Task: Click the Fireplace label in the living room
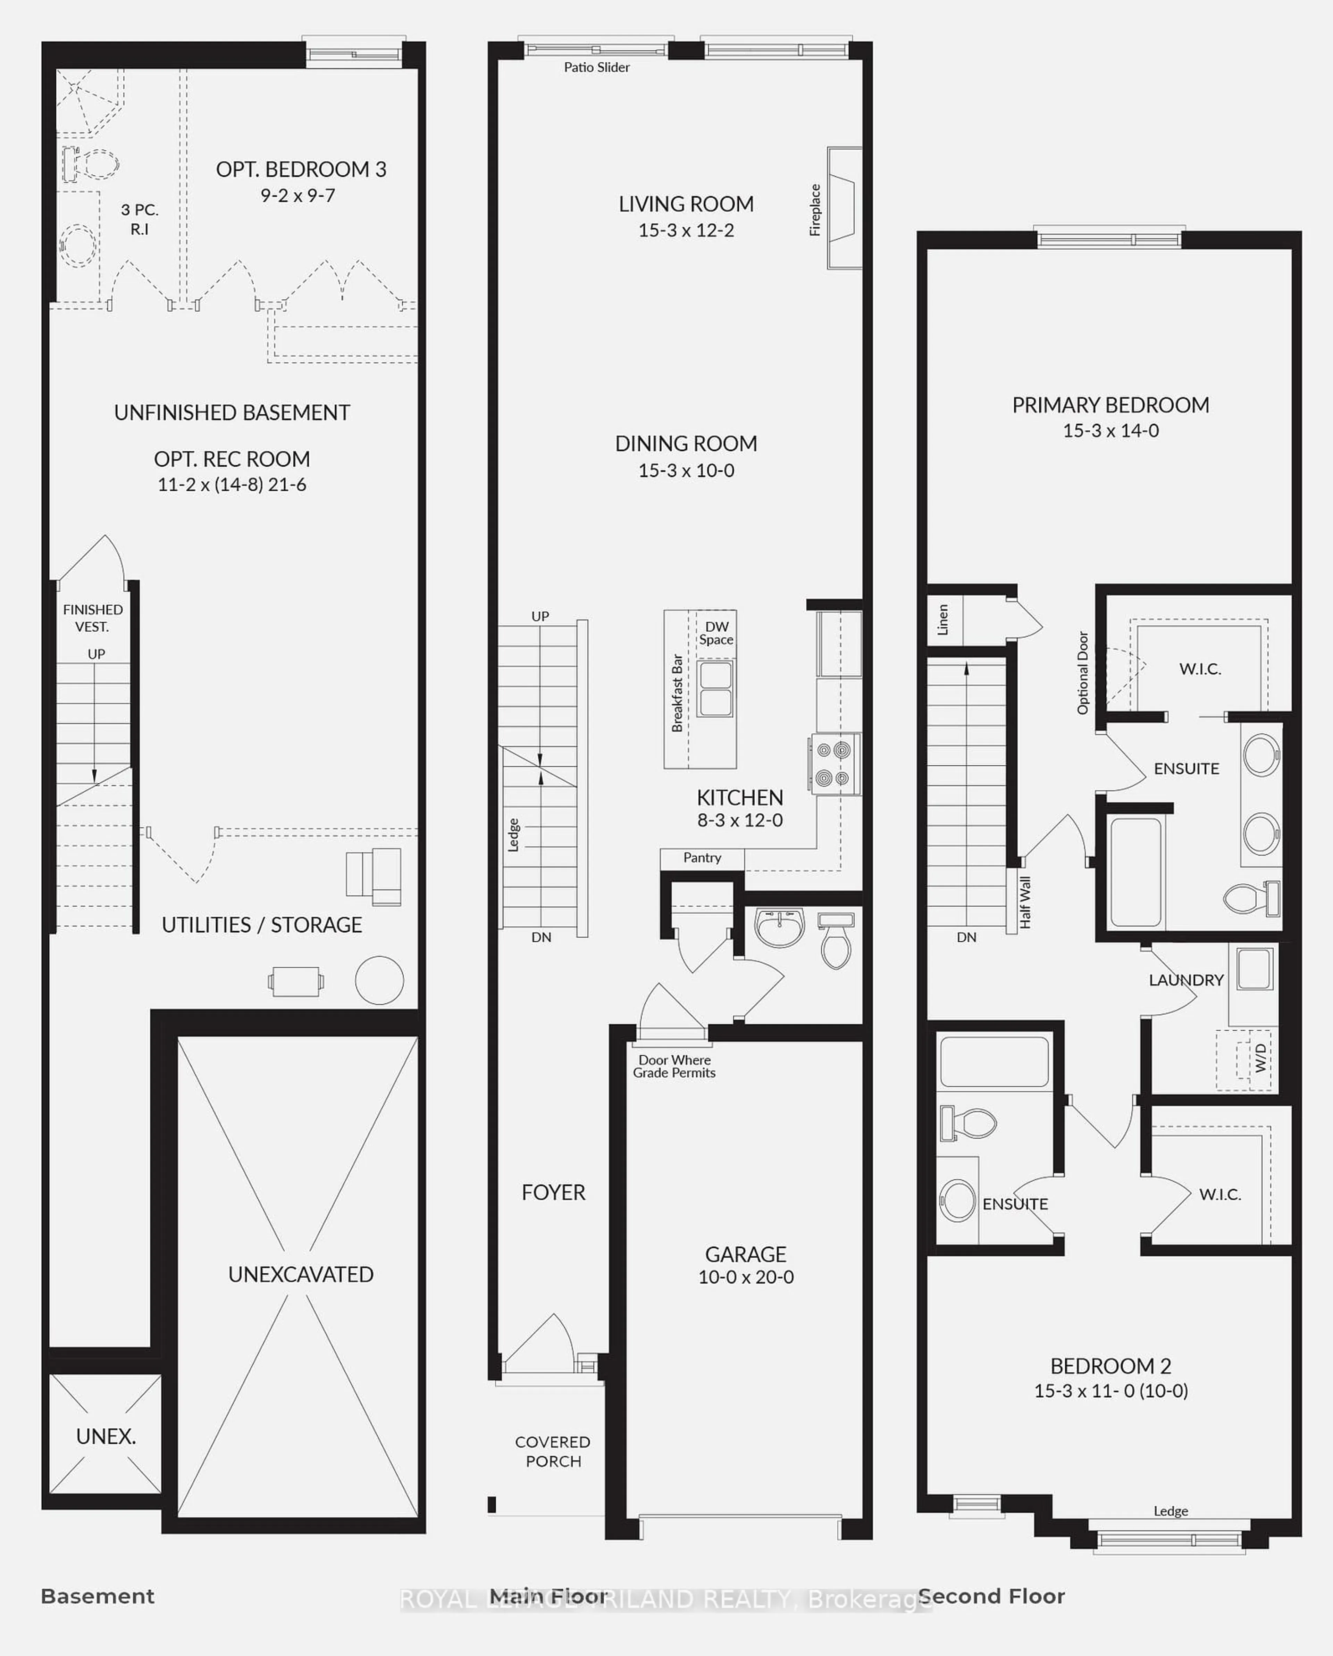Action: point(815,210)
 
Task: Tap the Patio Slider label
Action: point(597,68)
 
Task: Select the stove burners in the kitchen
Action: point(833,764)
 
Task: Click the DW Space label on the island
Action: point(716,633)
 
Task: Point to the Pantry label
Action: point(702,858)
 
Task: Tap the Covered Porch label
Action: point(553,1452)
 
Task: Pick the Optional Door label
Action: point(1083,673)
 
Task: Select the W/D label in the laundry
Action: point(1260,1058)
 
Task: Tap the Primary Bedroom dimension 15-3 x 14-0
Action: point(1110,431)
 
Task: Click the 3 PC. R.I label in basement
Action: point(140,219)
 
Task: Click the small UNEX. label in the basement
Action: point(106,1436)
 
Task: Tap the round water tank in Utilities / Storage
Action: point(379,980)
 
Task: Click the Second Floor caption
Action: point(991,1596)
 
